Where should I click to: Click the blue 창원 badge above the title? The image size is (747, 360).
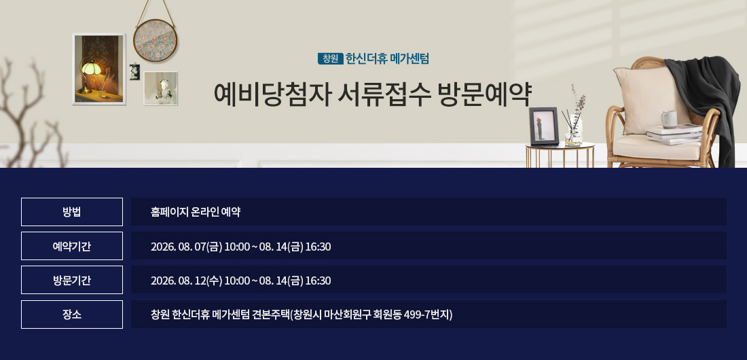330,58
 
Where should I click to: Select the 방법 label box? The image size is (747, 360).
72,212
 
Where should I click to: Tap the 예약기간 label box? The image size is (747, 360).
72,246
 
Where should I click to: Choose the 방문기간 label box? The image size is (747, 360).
72,280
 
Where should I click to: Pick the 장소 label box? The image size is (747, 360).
72,314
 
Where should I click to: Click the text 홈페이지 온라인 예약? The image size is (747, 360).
196,212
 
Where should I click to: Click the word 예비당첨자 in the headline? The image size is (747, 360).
272,94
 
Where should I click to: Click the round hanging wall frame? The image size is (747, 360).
156,41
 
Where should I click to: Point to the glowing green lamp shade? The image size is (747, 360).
90,67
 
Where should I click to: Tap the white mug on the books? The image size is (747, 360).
669,119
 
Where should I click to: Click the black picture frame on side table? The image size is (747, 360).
543,126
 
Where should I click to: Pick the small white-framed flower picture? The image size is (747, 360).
160,88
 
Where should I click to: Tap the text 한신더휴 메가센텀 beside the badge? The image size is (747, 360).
387,58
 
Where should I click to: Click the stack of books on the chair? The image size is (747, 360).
674,134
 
